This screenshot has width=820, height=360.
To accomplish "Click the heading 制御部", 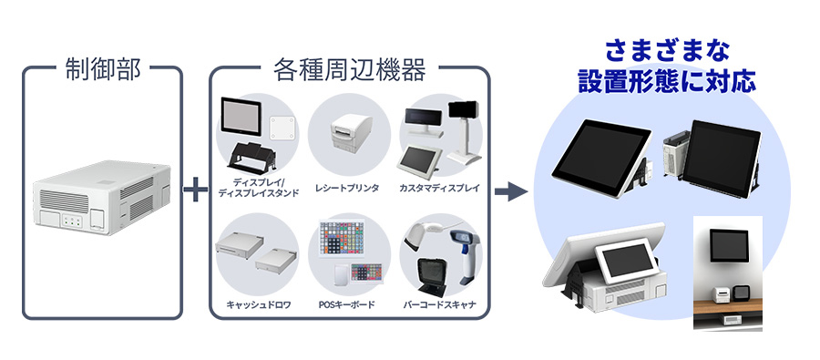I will click(x=103, y=70).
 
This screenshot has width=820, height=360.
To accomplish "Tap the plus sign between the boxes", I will click(x=195, y=191).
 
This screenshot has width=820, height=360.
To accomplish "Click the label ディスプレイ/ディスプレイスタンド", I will click(x=258, y=187).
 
